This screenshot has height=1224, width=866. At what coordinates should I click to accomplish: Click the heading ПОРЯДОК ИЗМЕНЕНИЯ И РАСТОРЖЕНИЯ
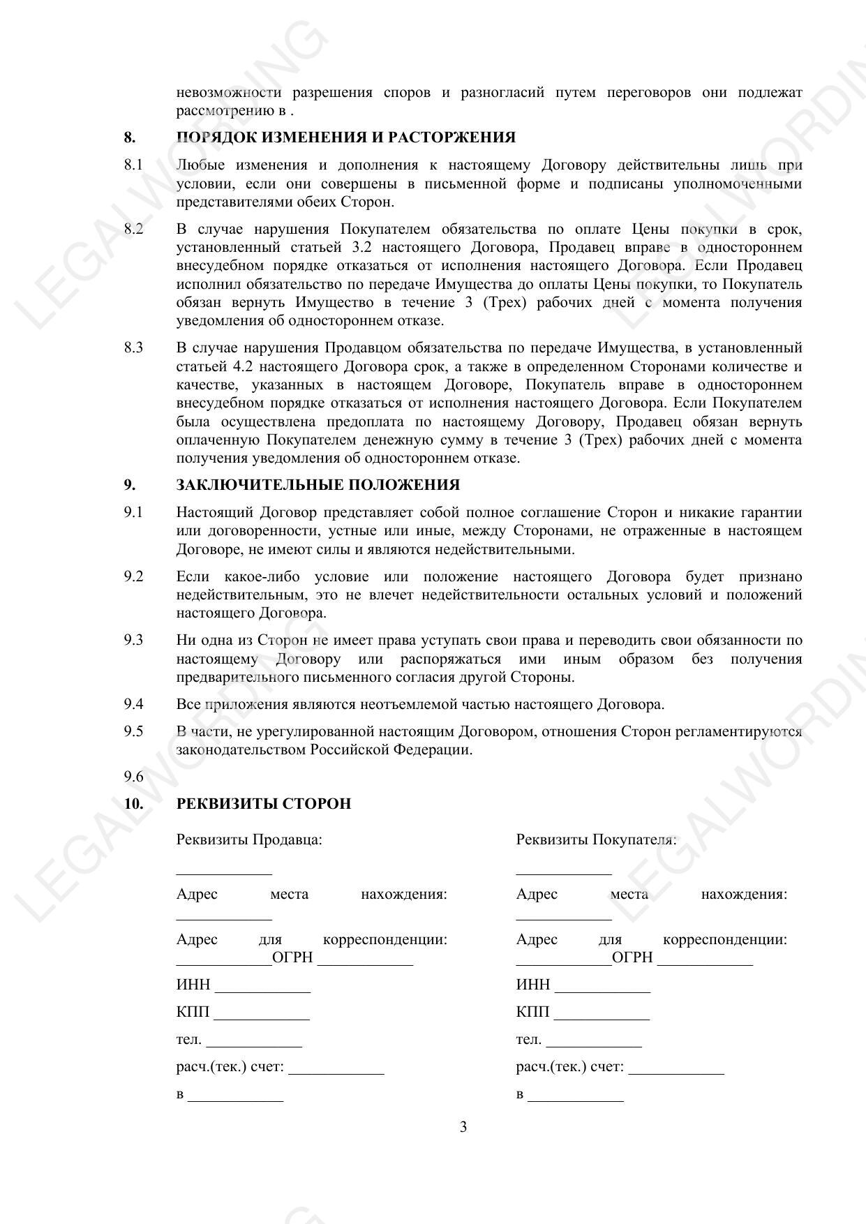pyautogui.click(x=345, y=137)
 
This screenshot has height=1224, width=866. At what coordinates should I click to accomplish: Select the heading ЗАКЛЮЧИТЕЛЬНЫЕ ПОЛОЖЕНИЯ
pyautogui.click(x=318, y=485)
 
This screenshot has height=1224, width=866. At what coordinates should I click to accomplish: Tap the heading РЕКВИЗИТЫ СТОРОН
pyautogui.click(x=263, y=804)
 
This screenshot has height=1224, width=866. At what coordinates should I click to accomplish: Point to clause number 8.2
pyautogui.click(x=133, y=229)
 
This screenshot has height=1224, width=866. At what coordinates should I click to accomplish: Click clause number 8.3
pyautogui.click(x=133, y=348)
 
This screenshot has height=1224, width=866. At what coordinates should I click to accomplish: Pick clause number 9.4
pyautogui.click(x=133, y=704)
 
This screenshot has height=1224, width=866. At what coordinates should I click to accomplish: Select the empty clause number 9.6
pyautogui.click(x=133, y=777)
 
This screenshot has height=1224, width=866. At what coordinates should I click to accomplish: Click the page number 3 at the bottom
pyautogui.click(x=463, y=1127)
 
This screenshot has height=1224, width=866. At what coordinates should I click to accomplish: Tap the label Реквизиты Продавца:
pyautogui.click(x=249, y=839)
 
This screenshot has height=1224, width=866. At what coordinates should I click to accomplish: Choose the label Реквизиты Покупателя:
pyautogui.click(x=596, y=839)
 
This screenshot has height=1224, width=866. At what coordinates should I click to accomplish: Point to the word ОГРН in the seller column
pyautogui.click(x=292, y=958)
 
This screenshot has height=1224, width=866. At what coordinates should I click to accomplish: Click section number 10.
pyautogui.click(x=133, y=804)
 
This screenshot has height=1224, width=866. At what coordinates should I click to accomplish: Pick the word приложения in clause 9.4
pyautogui.click(x=242, y=704)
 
